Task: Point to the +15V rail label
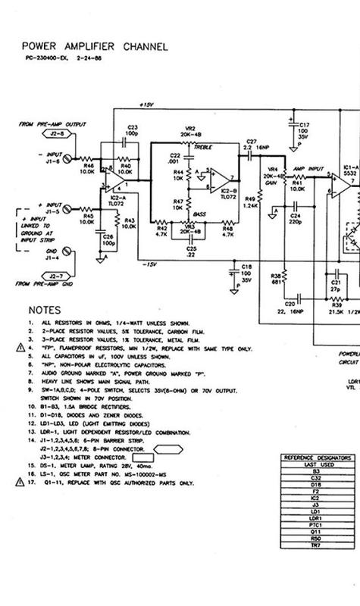coord(147,105)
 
